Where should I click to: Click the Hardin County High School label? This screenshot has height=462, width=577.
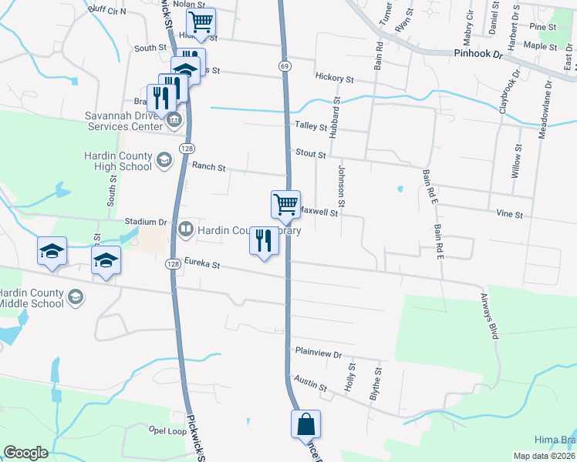(117, 160)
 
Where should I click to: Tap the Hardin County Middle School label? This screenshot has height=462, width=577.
(32, 297)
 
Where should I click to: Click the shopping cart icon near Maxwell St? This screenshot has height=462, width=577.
(285, 205)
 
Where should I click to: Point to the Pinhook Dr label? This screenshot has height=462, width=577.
(477, 55)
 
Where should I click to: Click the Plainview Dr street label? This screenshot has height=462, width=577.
(319, 352)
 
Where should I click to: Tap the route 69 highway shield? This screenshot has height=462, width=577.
(285, 67)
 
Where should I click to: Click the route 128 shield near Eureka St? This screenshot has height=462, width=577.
(172, 264)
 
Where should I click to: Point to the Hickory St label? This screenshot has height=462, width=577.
(334, 79)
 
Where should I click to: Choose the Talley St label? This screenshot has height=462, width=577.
(310, 126)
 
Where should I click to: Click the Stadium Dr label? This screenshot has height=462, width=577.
(146, 222)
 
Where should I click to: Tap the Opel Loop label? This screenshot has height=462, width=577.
(168, 430)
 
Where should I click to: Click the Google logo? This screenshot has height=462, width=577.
(25, 453)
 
